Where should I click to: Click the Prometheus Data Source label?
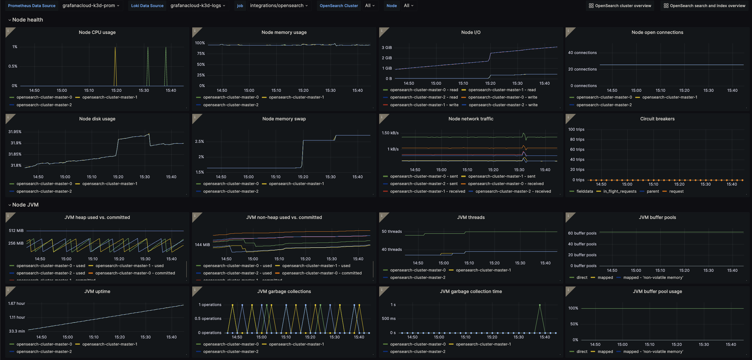(x=32, y=6)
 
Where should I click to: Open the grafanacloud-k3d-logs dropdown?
(x=198, y=6)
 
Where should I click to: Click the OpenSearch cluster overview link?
(x=620, y=6)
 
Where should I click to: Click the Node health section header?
(x=27, y=20)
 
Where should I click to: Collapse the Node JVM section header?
(x=25, y=205)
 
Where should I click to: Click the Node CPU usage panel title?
(x=97, y=32)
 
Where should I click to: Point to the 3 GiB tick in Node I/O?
(x=387, y=48)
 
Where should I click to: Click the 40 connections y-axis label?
(x=582, y=53)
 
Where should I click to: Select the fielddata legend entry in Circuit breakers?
(x=584, y=192)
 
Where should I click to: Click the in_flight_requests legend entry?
(x=620, y=192)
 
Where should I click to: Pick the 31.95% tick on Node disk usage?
(x=15, y=132)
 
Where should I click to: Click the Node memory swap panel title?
(x=284, y=119)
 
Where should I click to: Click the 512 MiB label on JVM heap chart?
(x=16, y=231)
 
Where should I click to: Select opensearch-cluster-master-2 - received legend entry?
(x=513, y=192)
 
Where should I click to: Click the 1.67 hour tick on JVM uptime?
(x=17, y=304)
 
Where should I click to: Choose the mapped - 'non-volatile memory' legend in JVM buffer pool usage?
(x=653, y=352)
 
